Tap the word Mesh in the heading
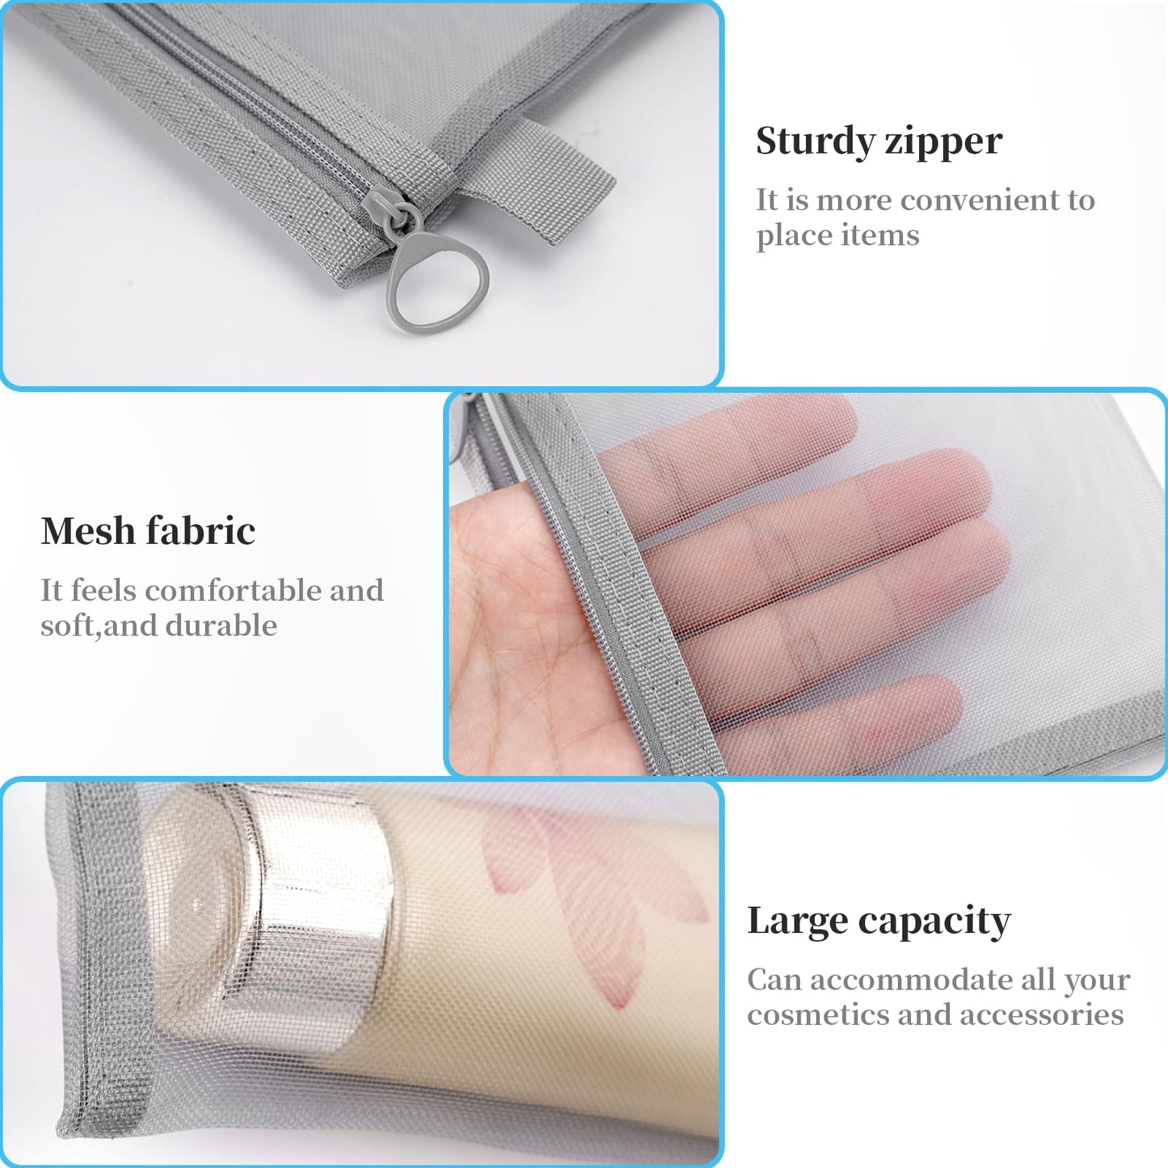pos(87,531)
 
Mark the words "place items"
pos(837,235)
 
